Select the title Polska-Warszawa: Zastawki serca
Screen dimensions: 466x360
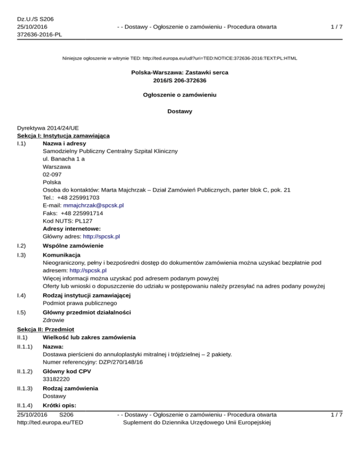(180, 73)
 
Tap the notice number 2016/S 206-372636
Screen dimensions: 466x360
(180, 81)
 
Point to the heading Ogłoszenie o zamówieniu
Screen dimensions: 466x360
(180, 95)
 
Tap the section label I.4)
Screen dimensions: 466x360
(22, 295)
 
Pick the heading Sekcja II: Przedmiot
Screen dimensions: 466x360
(45, 329)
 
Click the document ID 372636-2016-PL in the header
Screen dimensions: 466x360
(39, 35)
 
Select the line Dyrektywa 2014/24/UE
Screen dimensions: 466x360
(49, 127)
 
